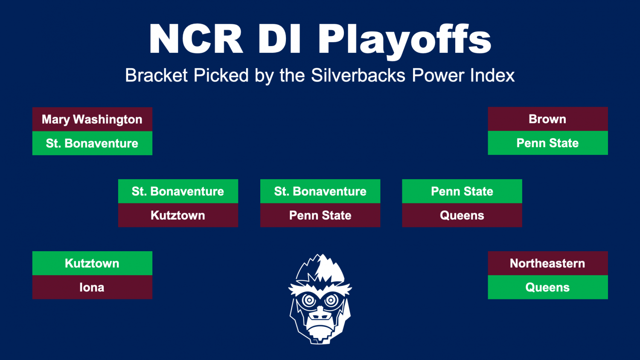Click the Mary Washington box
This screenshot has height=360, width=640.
pyautogui.click(x=92, y=119)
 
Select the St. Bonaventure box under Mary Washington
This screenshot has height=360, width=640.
pyautogui.click(x=92, y=143)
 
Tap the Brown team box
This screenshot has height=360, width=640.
pyautogui.click(x=548, y=119)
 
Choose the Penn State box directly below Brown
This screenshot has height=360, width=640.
pyautogui.click(x=548, y=143)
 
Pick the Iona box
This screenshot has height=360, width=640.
pyautogui.click(x=92, y=287)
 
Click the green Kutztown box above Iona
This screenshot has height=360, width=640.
pyautogui.click(x=92, y=263)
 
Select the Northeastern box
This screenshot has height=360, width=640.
pyautogui.click(x=548, y=263)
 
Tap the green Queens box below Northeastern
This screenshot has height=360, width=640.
pyautogui.click(x=548, y=287)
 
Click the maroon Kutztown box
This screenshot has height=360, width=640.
pyautogui.click(x=178, y=215)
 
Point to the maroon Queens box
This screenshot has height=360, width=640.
pyautogui.click(x=462, y=215)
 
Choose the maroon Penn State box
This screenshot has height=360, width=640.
pyautogui.click(x=320, y=215)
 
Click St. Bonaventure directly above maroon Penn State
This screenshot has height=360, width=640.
pyautogui.click(x=320, y=191)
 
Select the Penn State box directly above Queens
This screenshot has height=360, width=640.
pyautogui.click(x=462, y=191)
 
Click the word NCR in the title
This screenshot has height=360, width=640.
pyautogui.click(x=196, y=39)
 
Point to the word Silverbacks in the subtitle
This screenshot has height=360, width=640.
pyautogui.click(x=358, y=75)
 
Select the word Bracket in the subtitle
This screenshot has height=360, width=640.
pyautogui.click(x=156, y=75)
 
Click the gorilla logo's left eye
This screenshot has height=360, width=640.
pyautogui.click(x=308, y=300)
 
